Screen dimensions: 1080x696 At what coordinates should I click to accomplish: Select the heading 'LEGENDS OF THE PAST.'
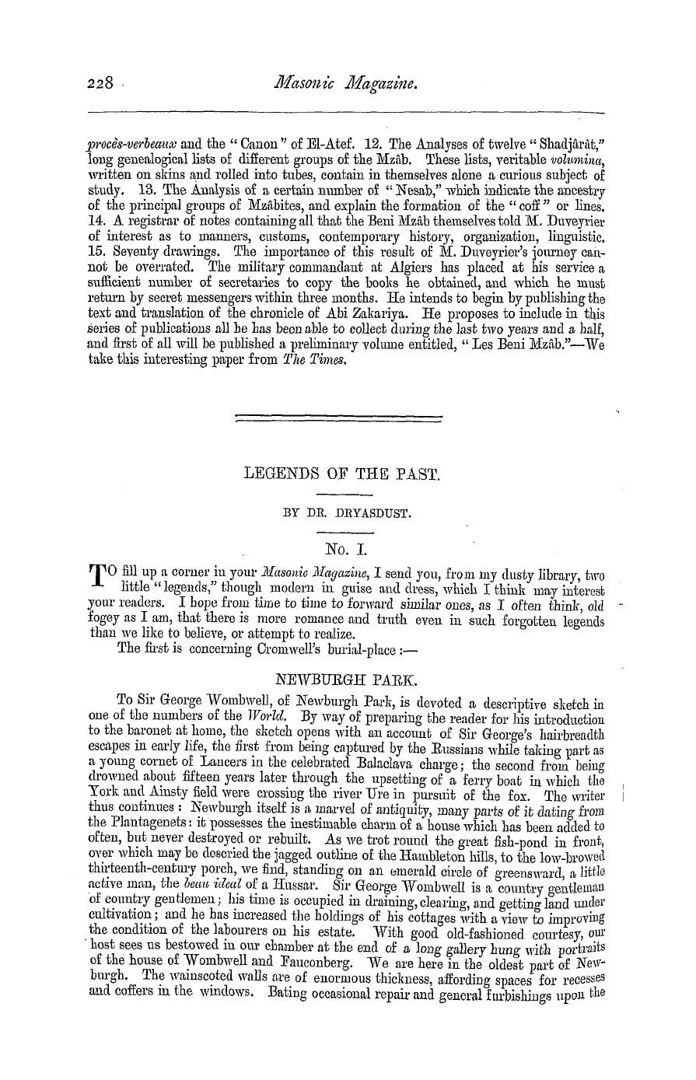[342, 471]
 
